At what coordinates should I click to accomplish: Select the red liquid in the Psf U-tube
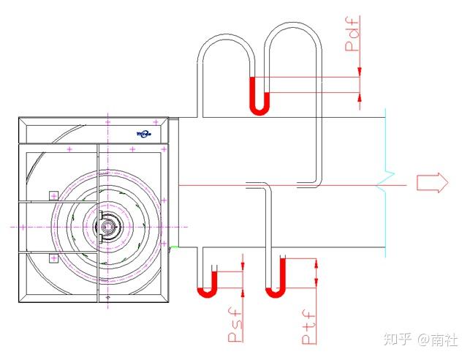[207, 287]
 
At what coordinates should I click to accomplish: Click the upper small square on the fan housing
[53, 195]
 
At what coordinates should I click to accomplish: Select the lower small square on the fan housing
[53, 258]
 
